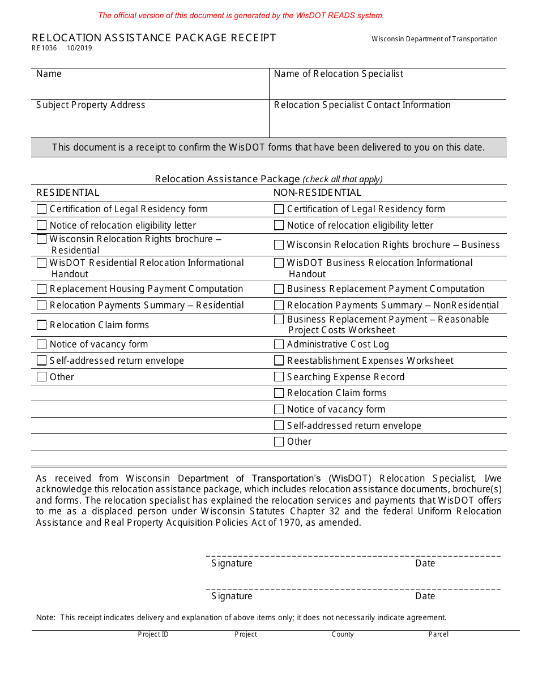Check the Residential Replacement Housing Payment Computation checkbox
[41, 289]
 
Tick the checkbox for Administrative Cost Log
[279, 345]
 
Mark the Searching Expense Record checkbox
[279, 377]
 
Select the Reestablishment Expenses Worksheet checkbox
[279, 361]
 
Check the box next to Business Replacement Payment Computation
[279, 289]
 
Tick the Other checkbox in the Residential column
[41, 377]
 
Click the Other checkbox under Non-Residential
[279, 442]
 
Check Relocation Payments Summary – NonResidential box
[279, 306]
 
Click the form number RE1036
[44, 48]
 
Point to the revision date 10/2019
[79, 48]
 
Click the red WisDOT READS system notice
[241, 16]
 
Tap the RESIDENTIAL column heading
[67, 193]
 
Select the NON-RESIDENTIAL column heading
[317, 193]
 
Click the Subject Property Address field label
[91, 105]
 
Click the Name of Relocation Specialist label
[338, 74]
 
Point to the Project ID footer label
[153, 634]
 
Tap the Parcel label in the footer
[438, 634]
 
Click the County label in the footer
[343, 634]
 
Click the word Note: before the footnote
[45, 618]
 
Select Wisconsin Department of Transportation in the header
[434, 39]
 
